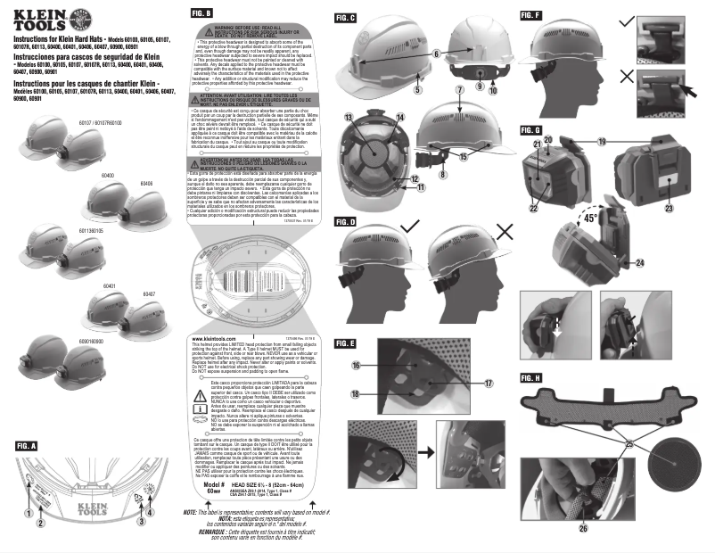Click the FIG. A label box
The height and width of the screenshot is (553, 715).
coord(26,444)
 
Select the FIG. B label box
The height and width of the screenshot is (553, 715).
coord(201,14)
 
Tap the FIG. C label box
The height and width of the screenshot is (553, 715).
coord(345,17)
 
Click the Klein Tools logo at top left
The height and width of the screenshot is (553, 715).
coord(45,18)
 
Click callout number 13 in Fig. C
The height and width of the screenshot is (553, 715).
coord(349,119)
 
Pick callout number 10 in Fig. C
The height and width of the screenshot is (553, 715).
coord(491,89)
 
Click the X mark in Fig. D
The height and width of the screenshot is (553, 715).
coord(506,231)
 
